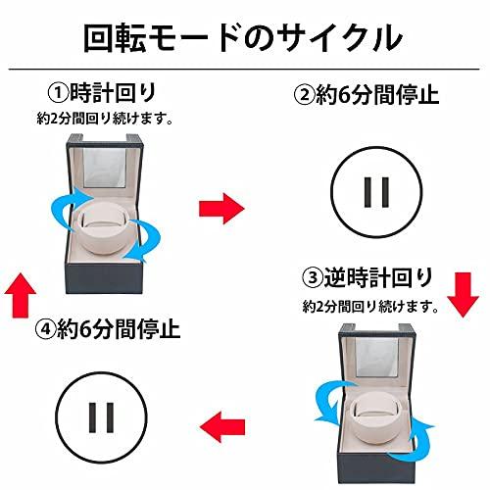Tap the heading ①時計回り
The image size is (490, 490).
point(105,94)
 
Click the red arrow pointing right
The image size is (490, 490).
point(220,207)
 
